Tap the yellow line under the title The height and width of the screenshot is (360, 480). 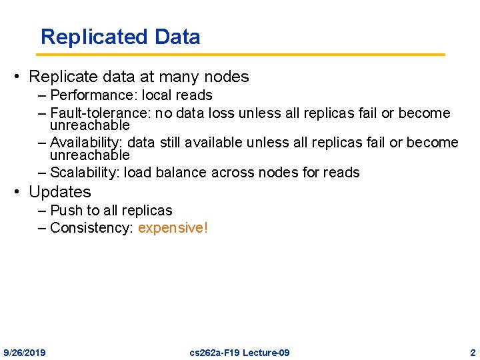[240, 55]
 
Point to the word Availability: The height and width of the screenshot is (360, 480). [87, 143]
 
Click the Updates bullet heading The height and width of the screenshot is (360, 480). [60, 192]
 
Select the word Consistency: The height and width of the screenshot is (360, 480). [92, 228]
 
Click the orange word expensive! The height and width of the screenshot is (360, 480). [173, 228]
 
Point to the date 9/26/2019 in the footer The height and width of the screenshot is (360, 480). [25, 352]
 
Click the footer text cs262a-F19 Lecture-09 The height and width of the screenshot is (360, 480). [240, 352]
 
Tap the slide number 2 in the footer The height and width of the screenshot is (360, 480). [472, 352]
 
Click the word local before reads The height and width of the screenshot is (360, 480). [157, 95]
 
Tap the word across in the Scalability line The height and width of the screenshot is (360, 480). [230, 173]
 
